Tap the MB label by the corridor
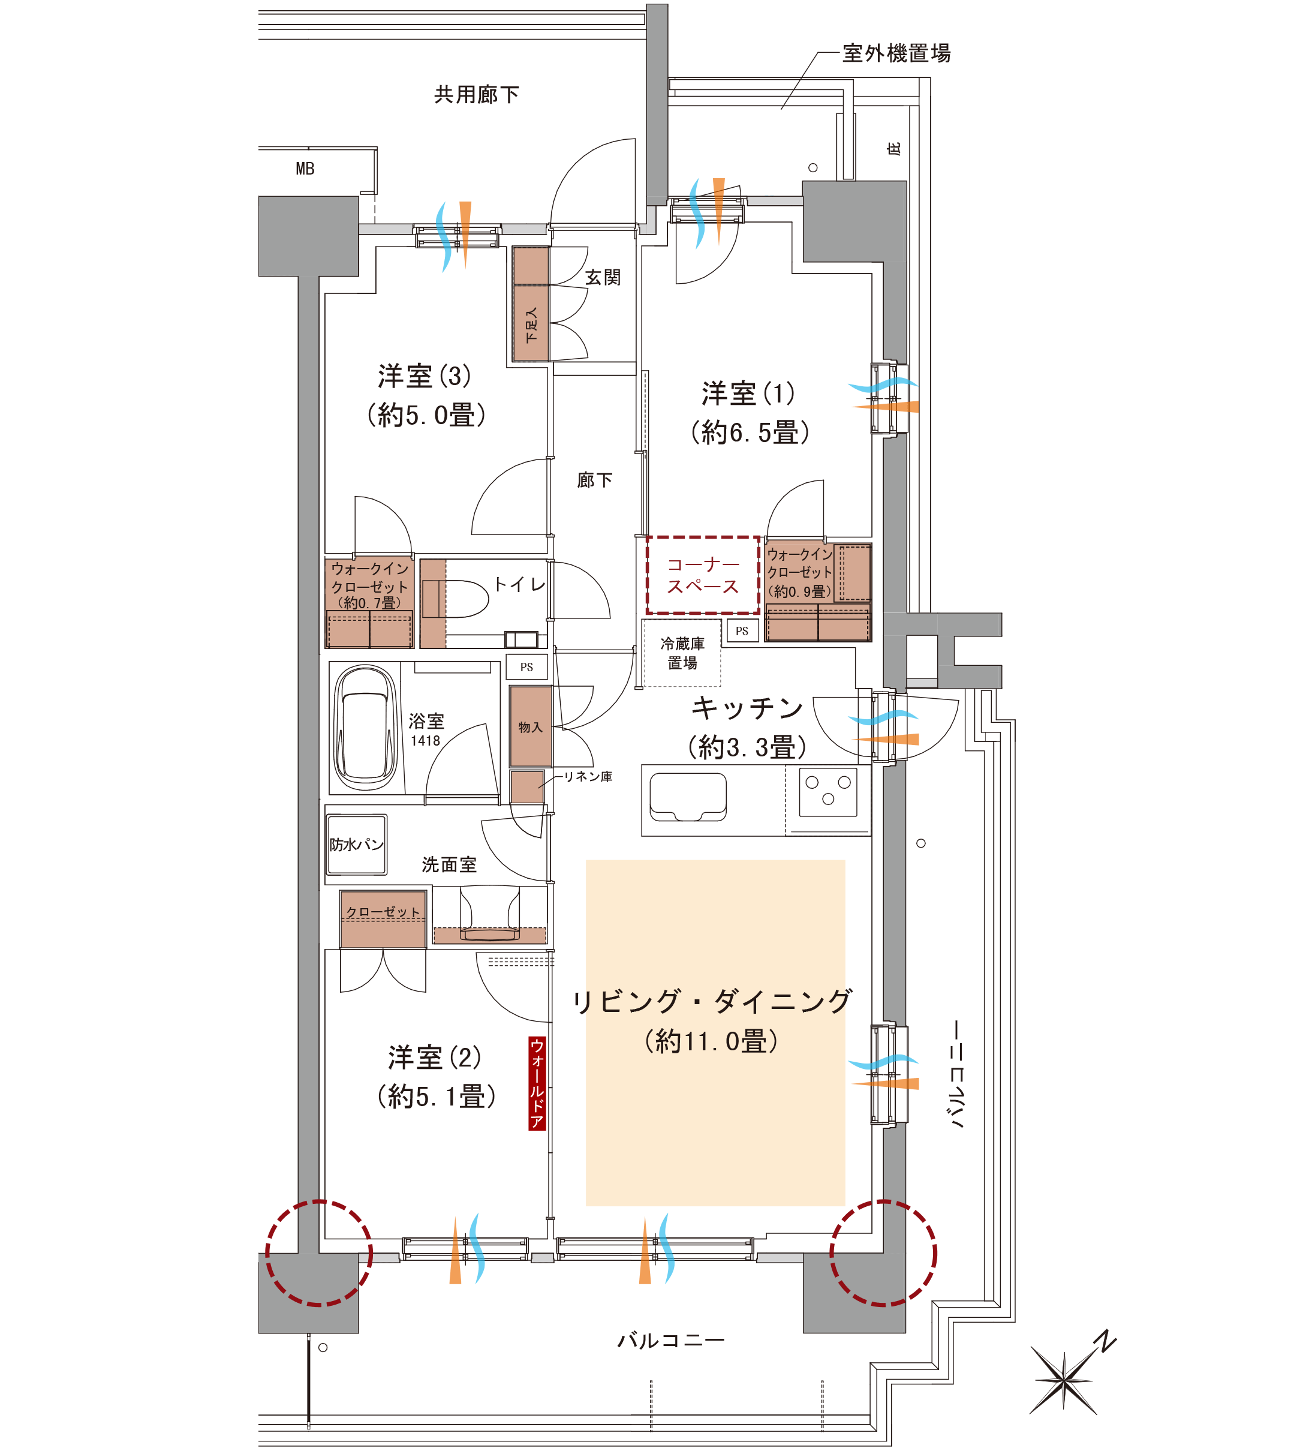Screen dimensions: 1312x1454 click(305, 169)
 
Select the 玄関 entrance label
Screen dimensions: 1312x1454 click(603, 277)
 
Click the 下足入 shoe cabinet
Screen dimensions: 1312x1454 click(531, 304)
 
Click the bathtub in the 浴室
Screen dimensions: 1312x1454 click(366, 728)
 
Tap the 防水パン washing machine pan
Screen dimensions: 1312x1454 click(357, 844)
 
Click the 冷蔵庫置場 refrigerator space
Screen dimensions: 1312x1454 click(682, 653)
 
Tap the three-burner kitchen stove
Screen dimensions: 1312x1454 click(828, 791)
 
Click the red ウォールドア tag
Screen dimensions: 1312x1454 click(537, 1083)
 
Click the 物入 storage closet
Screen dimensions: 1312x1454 click(531, 726)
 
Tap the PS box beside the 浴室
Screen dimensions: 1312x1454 click(527, 667)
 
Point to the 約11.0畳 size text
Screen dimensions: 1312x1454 click(712, 1041)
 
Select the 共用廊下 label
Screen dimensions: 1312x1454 click(477, 95)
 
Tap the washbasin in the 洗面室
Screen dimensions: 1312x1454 click(490, 915)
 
